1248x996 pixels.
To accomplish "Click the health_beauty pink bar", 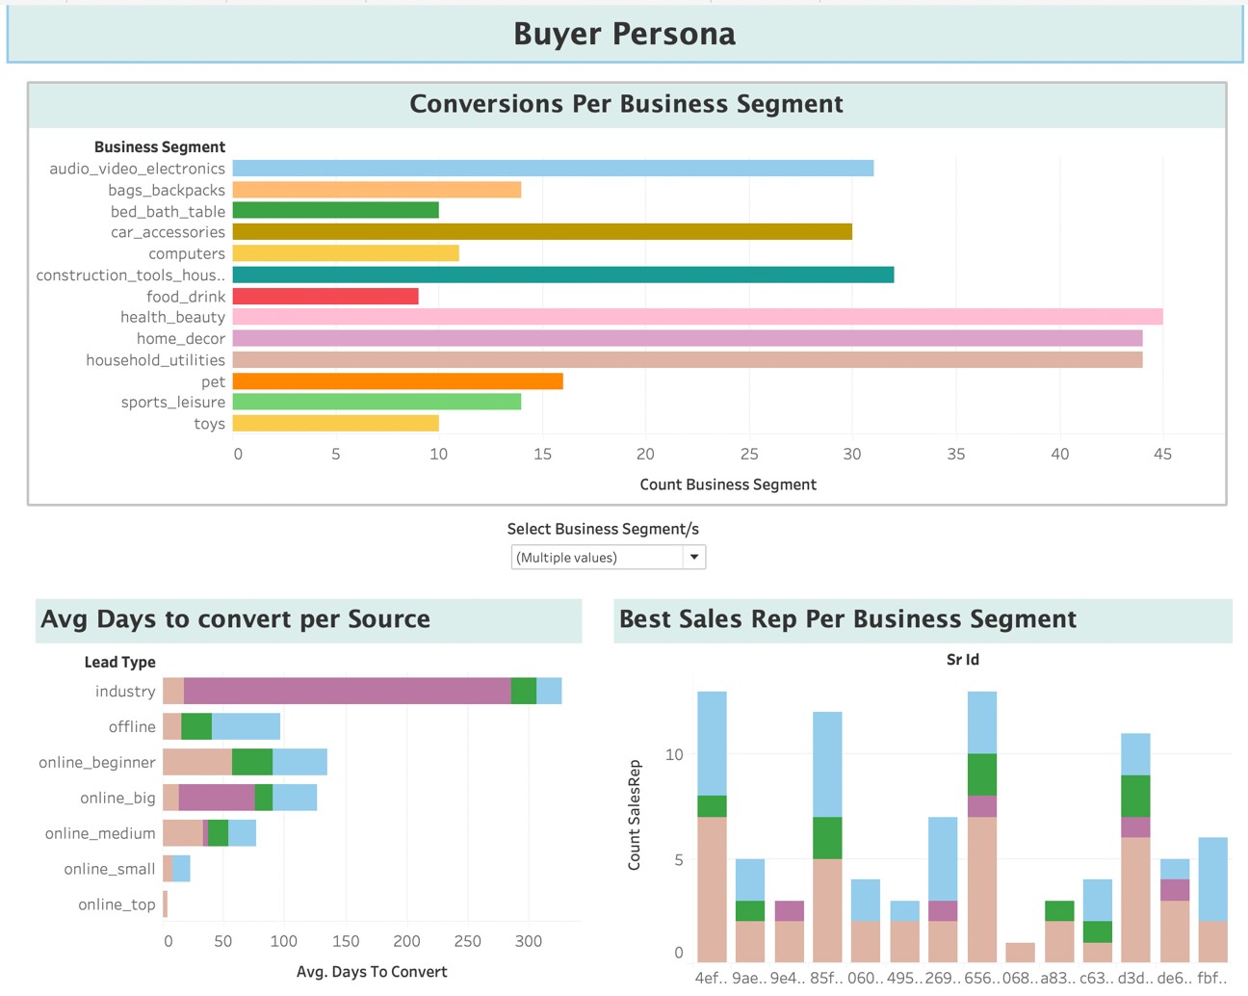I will pyautogui.click(x=697, y=317).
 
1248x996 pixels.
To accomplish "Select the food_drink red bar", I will pyautogui.click(x=325, y=297).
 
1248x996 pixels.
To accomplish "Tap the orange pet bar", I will pyautogui.click(x=398, y=381).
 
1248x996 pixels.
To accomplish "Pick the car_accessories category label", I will pyautogui.click(x=168, y=232).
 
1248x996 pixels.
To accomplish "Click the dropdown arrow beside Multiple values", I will pyautogui.click(x=693, y=557).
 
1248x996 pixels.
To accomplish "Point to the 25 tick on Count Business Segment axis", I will pyautogui.click(x=748, y=454).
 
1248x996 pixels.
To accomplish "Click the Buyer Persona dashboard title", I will pyautogui.click(x=624, y=34).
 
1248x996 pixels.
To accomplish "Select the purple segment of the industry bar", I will pyautogui.click(x=347, y=691).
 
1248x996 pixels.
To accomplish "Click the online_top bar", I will pyautogui.click(x=166, y=904).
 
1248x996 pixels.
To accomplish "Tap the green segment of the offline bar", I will pyautogui.click(x=196, y=726).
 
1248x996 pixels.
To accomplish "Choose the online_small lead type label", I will pyautogui.click(x=109, y=869).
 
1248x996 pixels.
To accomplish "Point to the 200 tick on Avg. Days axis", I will pyautogui.click(x=406, y=941).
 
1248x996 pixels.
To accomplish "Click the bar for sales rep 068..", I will pyautogui.click(x=1020, y=952).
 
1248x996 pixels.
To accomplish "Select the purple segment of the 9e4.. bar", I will pyautogui.click(x=789, y=911).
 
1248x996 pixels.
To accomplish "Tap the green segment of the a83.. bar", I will pyautogui.click(x=1058, y=911).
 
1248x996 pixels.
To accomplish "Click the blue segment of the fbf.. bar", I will pyautogui.click(x=1212, y=878).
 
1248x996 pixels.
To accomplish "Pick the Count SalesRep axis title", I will pyautogui.click(x=634, y=815).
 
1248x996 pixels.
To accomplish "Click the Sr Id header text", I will pyautogui.click(x=962, y=660).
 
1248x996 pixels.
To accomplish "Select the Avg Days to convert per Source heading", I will pyautogui.click(x=235, y=619).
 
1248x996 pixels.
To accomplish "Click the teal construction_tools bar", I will pyautogui.click(x=562, y=275).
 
